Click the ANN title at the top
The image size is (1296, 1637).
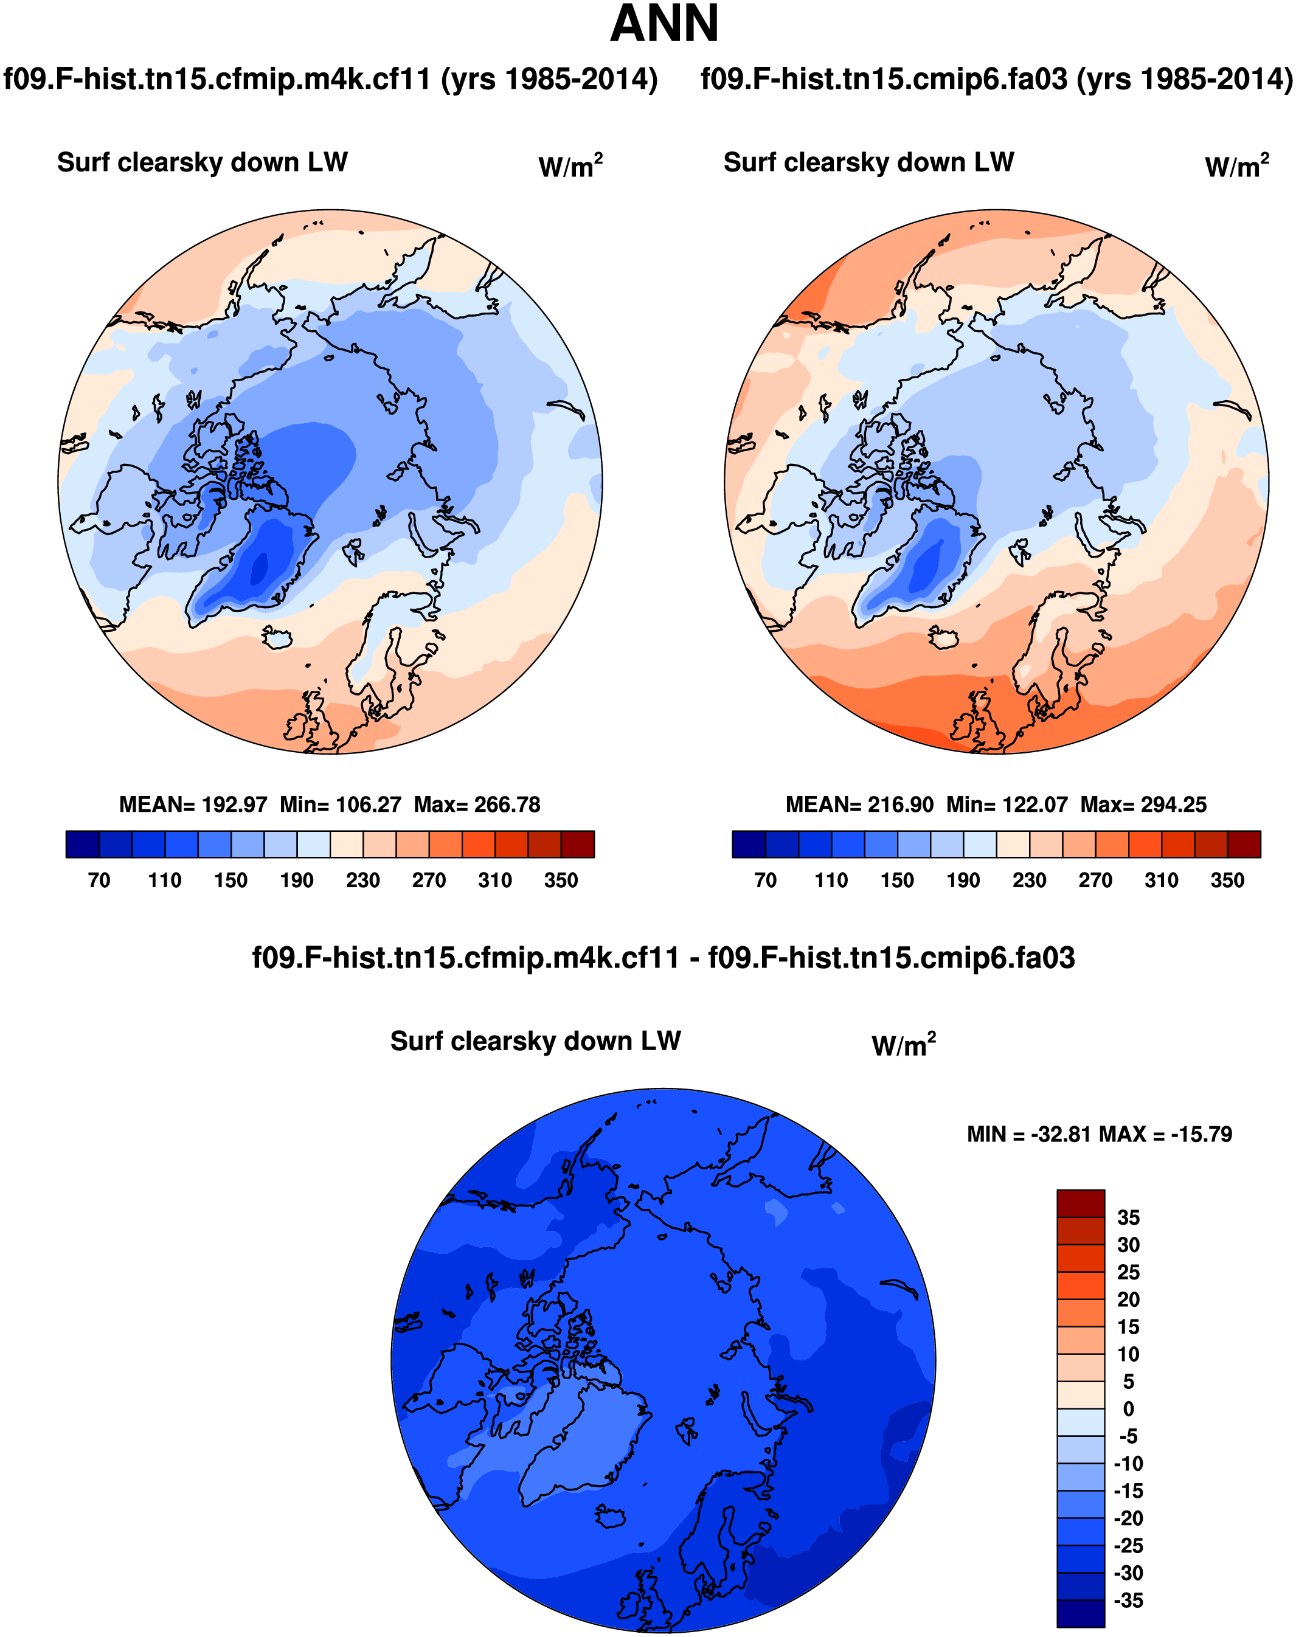(664, 24)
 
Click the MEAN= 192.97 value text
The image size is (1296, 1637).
(193, 805)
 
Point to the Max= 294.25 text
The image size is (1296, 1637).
(1143, 805)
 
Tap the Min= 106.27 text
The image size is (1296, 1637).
(340, 805)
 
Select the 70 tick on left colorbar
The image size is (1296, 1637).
(99, 880)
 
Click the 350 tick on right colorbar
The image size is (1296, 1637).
(1227, 880)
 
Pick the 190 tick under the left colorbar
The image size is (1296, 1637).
(297, 880)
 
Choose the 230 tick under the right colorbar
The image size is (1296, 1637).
(1029, 880)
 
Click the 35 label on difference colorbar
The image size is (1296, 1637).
(1128, 1217)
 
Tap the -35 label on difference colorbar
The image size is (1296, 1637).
(1128, 1601)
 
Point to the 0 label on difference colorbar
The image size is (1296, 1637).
(1128, 1409)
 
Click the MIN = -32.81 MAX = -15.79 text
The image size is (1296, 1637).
(1100, 1134)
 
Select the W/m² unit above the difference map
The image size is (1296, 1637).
(904, 1045)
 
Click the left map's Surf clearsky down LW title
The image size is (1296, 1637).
(203, 162)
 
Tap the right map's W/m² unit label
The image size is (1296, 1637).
(1237, 166)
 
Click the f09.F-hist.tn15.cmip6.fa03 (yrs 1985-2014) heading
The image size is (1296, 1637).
(996, 79)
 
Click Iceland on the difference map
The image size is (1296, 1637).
(610, 1517)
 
